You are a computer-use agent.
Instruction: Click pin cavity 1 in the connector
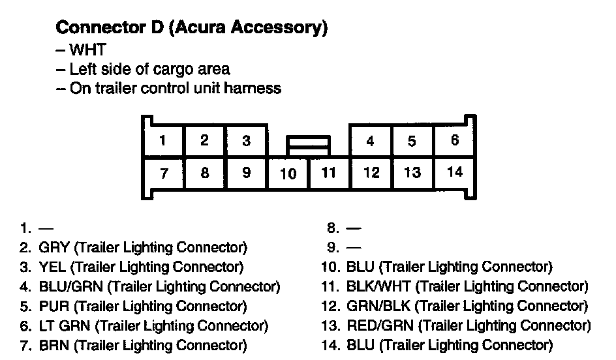click(x=162, y=140)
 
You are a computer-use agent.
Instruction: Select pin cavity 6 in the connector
click(x=455, y=140)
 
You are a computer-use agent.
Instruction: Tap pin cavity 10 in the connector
click(x=288, y=173)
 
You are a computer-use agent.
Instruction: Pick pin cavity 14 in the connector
click(x=455, y=172)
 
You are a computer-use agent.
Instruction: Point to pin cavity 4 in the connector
click(x=370, y=141)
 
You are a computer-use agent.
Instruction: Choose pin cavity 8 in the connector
click(x=204, y=173)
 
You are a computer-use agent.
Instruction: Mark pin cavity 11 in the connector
click(x=329, y=173)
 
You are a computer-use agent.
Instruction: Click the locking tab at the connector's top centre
click(x=308, y=142)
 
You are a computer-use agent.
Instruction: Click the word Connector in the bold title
click(x=93, y=27)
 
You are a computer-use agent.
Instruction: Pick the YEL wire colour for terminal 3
click(x=52, y=267)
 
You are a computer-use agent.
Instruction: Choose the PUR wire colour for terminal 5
click(x=53, y=306)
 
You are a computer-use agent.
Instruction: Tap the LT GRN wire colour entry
click(x=65, y=325)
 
